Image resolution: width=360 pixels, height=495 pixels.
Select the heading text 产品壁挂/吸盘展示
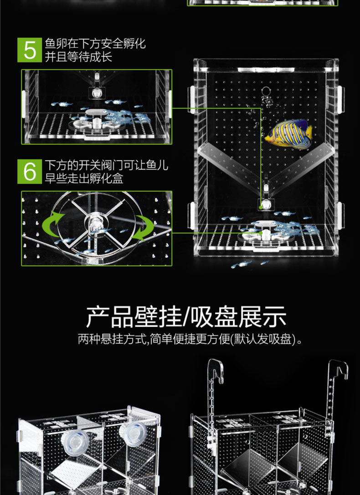pyautogui.click(x=186, y=316)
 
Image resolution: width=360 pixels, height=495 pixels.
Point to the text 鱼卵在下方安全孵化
pyautogui.click(x=95, y=44)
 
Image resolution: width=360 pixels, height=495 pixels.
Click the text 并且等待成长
pyautogui.click(x=78, y=56)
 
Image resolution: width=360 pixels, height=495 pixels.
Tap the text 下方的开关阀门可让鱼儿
pyautogui.click(x=107, y=165)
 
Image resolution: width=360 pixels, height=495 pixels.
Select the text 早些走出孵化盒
pyautogui.click(x=84, y=178)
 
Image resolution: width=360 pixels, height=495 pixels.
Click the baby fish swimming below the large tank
pyautogui.click(x=246, y=263)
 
